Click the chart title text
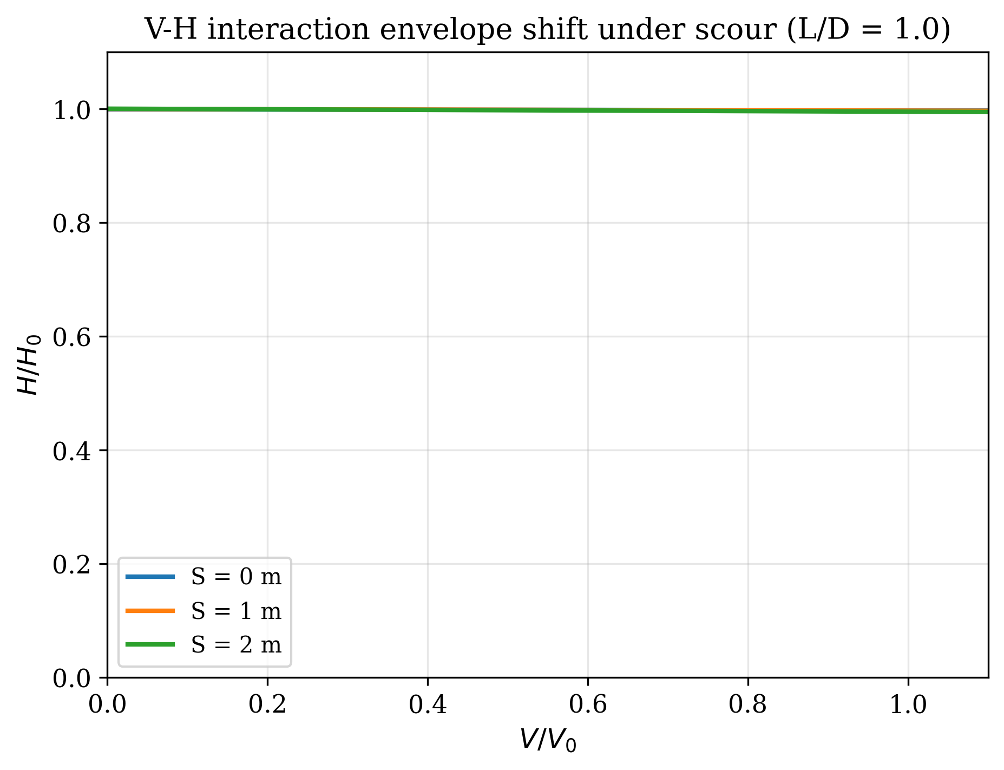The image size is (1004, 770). pos(547,29)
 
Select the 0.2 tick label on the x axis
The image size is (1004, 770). pos(267,705)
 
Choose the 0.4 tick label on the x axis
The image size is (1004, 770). pos(428,705)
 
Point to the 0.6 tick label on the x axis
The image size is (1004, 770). pos(588,705)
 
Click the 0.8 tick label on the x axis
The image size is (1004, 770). pos(748,705)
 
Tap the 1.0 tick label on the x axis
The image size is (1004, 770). pos(908,705)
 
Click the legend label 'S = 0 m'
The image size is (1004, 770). pos(237,577)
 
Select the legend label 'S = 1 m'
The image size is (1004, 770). pos(237,611)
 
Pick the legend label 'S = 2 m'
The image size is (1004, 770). pos(237,644)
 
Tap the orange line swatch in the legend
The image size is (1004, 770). pos(150,611)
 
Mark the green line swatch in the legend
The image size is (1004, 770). pos(150,644)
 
